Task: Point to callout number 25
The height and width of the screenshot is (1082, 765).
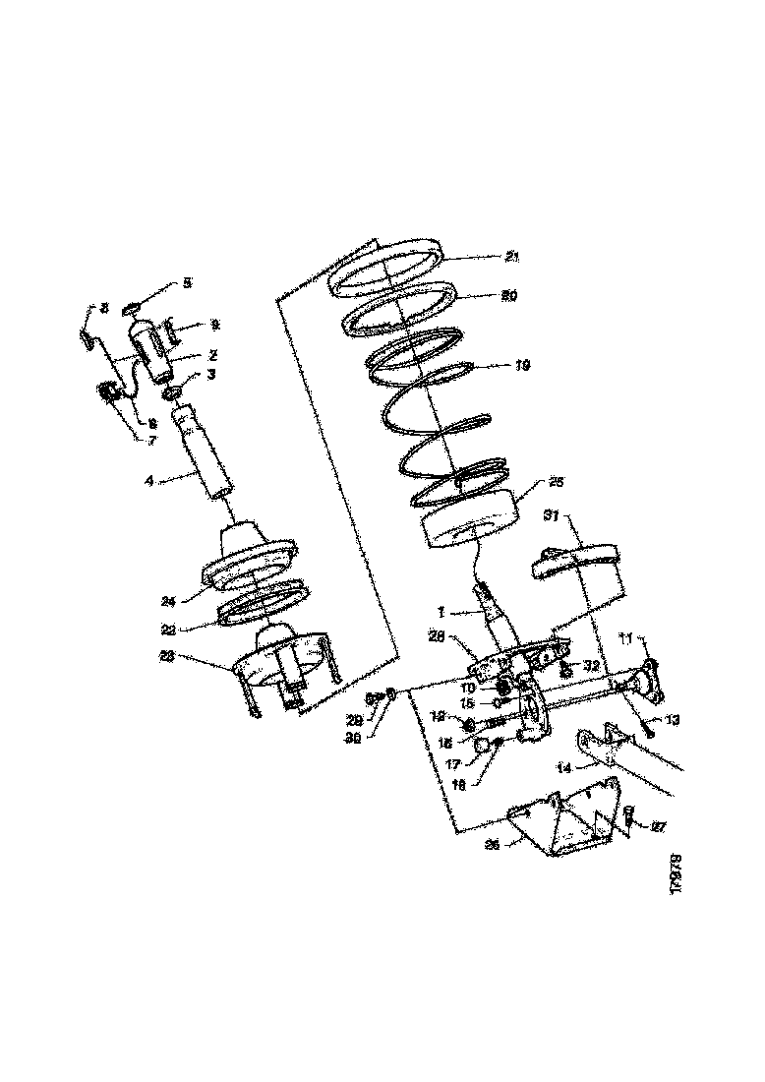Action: point(557,482)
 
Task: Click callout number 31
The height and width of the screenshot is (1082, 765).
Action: point(552,514)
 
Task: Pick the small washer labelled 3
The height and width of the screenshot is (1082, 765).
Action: point(171,394)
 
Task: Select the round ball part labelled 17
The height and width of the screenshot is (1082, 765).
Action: point(483,749)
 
